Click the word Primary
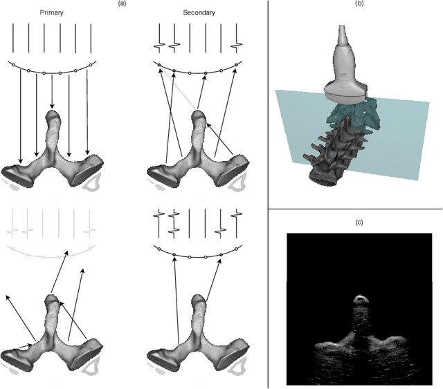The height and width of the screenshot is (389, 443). click(53, 12)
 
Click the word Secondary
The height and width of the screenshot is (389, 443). click(198, 12)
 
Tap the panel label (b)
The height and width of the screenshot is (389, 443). click(359, 4)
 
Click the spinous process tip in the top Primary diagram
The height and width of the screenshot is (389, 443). click(53, 115)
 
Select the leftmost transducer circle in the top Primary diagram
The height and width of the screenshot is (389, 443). click(13, 64)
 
